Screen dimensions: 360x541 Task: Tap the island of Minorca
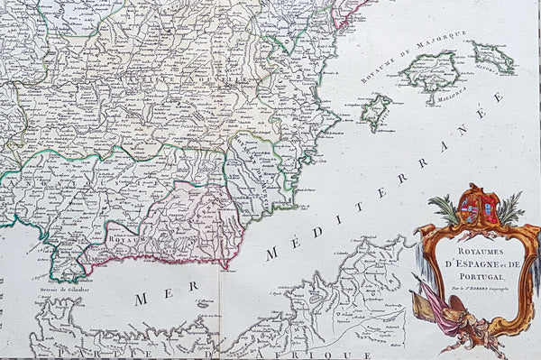click(494, 58)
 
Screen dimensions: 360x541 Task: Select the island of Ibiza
click(376, 111)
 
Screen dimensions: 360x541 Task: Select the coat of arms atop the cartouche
click(477, 209)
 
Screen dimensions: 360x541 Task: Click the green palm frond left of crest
click(446, 210)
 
